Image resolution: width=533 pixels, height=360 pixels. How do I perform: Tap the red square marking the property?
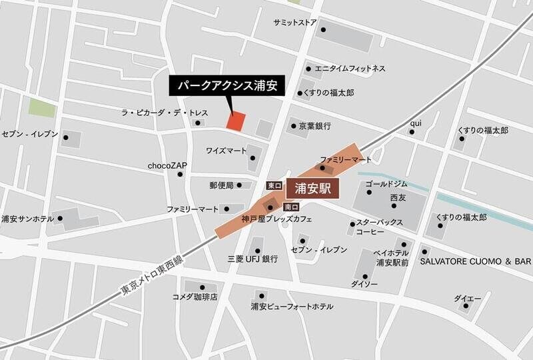click(x=236, y=121)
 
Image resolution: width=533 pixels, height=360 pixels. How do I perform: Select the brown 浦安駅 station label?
click(x=313, y=188)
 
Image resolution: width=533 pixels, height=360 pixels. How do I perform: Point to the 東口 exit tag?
click(x=274, y=185)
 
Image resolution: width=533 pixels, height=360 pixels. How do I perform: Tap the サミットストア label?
click(x=294, y=22)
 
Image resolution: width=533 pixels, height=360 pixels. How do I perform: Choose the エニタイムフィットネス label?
click(x=350, y=68)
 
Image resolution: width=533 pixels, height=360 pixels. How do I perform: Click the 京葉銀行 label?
click(x=314, y=125)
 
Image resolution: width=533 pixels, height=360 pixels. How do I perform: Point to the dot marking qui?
click(x=412, y=132)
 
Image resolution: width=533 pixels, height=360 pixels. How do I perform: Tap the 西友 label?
click(x=398, y=198)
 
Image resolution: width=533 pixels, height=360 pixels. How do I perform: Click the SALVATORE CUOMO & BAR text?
click(x=474, y=262)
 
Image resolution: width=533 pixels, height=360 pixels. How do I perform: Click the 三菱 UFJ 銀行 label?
click(x=252, y=259)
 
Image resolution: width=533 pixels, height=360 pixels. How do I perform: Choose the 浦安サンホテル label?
click(x=29, y=218)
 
